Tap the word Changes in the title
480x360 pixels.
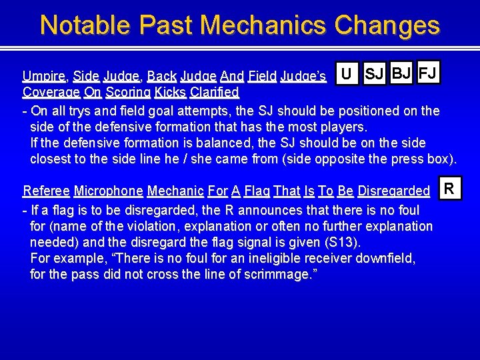click(x=387, y=25)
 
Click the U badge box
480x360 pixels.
click(x=347, y=74)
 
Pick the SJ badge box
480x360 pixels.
click(x=375, y=74)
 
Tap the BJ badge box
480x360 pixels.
click(x=402, y=73)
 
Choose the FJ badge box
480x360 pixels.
click(x=428, y=73)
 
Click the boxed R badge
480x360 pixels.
click(x=449, y=189)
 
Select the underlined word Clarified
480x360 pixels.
click(x=214, y=91)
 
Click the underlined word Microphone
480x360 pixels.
click(x=108, y=191)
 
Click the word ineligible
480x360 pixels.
click(x=281, y=259)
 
